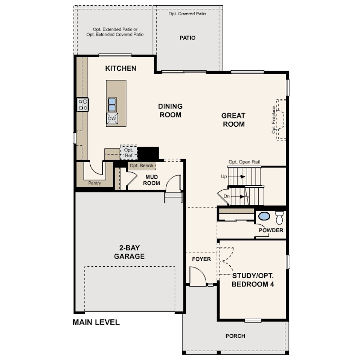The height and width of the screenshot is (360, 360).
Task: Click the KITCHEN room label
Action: [120, 68]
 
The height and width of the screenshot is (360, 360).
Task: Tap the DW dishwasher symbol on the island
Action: [112, 119]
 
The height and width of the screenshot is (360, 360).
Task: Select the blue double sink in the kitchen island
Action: [112, 105]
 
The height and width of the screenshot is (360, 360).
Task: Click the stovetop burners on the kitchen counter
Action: [83, 104]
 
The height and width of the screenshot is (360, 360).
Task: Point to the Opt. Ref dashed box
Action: [129, 152]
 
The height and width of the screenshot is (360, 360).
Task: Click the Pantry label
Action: [95, 183]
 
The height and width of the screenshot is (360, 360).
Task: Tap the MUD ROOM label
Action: [152, 180]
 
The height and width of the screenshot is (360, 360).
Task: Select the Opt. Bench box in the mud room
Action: [141, 165]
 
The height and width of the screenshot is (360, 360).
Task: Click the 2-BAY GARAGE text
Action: [129, 252]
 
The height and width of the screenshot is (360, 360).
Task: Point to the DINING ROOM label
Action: [170, 110]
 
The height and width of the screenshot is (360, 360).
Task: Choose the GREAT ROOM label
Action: [233, 120]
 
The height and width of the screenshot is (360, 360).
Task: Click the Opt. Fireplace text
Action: [273, 120]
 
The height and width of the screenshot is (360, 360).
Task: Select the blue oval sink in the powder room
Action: [264, 216]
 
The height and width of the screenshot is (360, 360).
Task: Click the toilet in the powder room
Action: [280, 218]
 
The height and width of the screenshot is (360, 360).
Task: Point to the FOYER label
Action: [201, 259]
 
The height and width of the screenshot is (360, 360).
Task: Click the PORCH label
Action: [235, 336]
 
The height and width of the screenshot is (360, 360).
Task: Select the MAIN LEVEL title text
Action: [96, 322]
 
